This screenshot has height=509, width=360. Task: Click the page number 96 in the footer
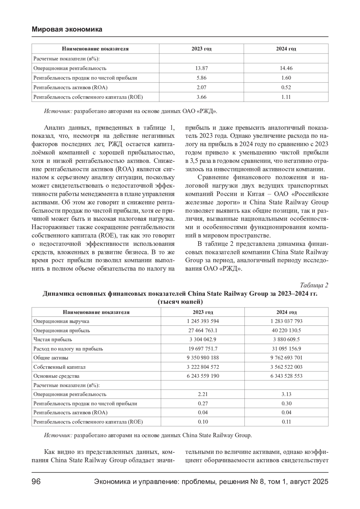click(36, 482)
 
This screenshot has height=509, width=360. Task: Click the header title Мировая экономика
click(67, 29)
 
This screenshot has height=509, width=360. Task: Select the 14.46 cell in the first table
click(286, 68)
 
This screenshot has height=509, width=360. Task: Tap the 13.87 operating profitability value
click(201, 68)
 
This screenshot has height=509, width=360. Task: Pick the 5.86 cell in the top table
click(201, 78)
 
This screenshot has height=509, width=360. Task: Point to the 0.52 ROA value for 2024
click(286, 87)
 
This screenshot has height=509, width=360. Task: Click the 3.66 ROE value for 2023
click(201, 97)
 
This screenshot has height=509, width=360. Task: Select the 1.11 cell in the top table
click(286, 97)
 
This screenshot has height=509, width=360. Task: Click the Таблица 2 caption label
click(314, 285)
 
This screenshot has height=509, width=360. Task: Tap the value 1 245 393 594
click(203, 321)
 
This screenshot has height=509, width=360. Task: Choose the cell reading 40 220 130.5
click(286, 330)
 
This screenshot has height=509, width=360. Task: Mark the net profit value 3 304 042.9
click(203, 339)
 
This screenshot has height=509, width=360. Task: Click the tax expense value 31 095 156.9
click(286, 349)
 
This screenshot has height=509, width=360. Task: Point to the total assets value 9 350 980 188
click(203, 358)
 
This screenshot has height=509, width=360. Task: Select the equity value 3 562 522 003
click(286, 367)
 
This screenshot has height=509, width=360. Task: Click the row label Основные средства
click(56, 376)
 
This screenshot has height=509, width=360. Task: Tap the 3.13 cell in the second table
click(286, 394)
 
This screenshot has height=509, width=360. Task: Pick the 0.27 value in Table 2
click(203, 403)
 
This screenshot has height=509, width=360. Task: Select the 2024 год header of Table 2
click(286, 312)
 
